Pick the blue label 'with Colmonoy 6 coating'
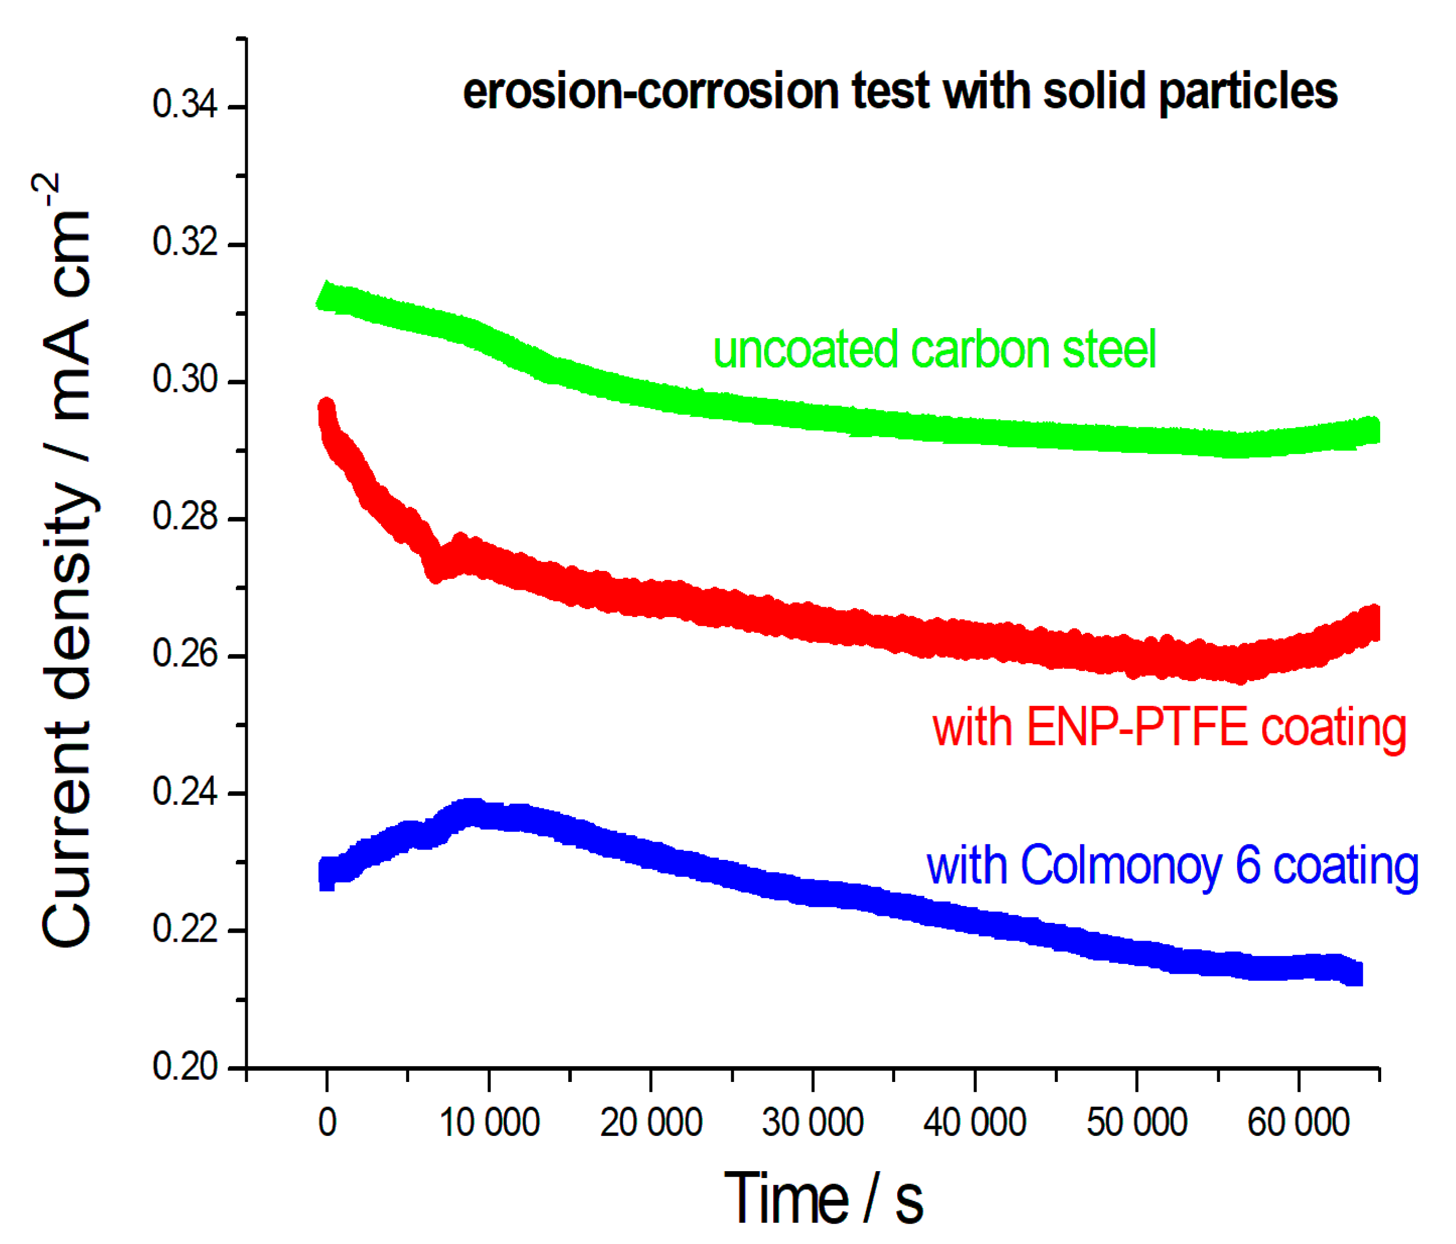pos(1172,866)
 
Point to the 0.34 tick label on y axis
pos(184,106)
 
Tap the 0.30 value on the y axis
pos(184,380)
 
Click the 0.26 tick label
pos(184,654)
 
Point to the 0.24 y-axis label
pos(184,792)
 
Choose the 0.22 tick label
pos(184,929)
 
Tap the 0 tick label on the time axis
pos(327,1123)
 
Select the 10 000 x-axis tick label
pos(489,1123)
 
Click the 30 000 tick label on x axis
pos(812,1123)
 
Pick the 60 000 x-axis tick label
pos(1298,1123)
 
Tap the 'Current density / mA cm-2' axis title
pos(67,562)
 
